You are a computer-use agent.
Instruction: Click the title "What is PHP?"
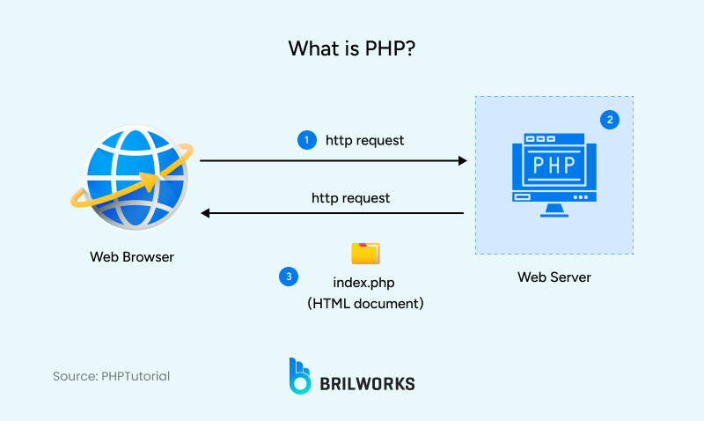click(x=352, y=48)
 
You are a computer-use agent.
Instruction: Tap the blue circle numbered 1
click(x=306, y=140)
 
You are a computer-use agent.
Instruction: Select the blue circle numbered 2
click(x=609, y=119)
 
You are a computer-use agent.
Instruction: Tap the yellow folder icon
click(x=365, y=254)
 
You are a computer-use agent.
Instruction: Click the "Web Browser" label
click(x=132, y=257)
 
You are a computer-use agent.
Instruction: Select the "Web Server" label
click(x=554, y=277)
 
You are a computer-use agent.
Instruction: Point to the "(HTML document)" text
click(x=365, y=303)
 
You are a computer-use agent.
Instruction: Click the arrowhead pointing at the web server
click(x=461, y=161)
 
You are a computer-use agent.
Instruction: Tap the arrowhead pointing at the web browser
click(x=206, y=213)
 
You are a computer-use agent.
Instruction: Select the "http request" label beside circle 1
click(x=365, y=140)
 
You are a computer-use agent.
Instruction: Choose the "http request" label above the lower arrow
click(x=350, y=198)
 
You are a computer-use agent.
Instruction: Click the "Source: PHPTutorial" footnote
click(x=111, y=376)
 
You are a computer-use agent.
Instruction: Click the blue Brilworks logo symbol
click(x=300, y=375)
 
